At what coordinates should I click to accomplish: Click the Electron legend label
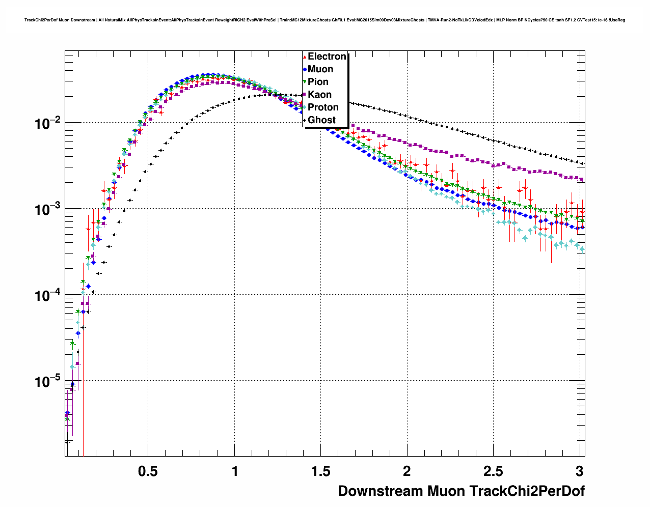point(327,57)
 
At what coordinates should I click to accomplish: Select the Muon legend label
point(320,69)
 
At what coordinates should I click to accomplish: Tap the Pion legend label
point(318,82)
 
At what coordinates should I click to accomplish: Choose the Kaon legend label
point(319,95)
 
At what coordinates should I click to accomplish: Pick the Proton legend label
point(323,107)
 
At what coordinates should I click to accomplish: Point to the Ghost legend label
point(321,120)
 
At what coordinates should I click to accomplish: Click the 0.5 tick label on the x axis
point(148,471)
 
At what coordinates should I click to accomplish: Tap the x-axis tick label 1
point(234,471)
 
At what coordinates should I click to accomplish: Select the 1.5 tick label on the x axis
point(320,471)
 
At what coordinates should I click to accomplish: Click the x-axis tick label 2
point(407,471)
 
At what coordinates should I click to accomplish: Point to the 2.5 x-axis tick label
point(493,471)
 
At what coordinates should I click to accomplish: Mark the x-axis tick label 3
point(579,471)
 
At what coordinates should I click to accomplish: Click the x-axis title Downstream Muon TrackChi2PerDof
point(461,491)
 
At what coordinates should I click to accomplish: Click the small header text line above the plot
point(324,20)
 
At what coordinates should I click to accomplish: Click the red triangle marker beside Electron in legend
point(305,57)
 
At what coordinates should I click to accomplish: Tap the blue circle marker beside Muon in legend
point(305,69)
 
